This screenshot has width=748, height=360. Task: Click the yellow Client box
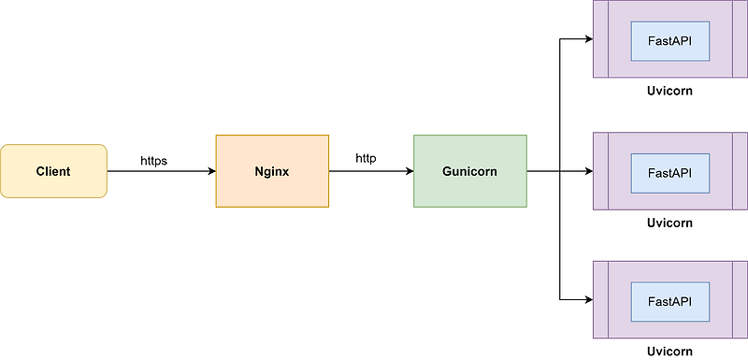pos(53,171)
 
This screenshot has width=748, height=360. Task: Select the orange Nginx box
pos(271,171)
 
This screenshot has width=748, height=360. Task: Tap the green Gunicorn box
pos(470,171)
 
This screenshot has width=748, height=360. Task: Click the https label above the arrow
pos(153,161)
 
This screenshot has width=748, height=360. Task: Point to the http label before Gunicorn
pos(366,158)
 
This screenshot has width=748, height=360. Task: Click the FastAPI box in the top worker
pos(669,40)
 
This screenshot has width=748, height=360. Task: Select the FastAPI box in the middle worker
pos(669,171)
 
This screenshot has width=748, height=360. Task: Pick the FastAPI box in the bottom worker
pos(669,300)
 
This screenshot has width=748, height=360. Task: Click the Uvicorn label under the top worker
pos(669,92)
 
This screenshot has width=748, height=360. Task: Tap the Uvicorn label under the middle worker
pos(669,223)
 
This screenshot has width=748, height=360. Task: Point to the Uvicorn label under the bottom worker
pos(669,352)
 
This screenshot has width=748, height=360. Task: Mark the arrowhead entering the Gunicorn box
pos(409,171)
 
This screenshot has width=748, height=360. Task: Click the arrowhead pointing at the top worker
pos(588,40)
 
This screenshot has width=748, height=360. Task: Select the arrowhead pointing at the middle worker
pos(588,171)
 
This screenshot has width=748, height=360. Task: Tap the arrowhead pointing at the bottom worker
pos(588,300)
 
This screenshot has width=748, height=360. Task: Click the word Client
pos(53,171)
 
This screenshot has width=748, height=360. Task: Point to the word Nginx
pos(271,171)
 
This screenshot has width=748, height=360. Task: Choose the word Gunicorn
pos(470,171)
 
